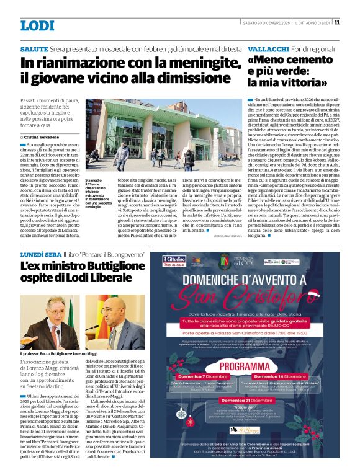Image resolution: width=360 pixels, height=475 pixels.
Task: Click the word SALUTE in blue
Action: click(x=34, y=48)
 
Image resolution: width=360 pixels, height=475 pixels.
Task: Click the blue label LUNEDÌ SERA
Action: click(x=39, y=255)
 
